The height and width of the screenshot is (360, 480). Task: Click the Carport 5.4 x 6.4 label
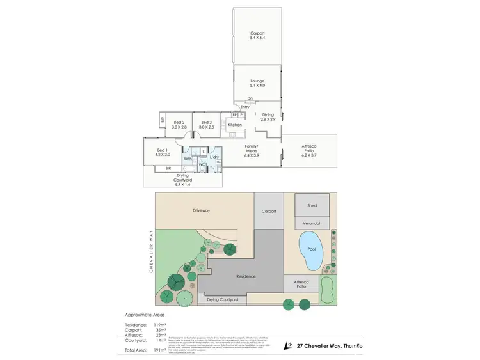(257, 35)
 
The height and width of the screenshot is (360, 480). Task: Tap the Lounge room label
(257, 83)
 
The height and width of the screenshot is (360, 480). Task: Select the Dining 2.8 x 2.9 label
(268, 116)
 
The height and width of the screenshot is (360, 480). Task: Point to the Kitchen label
(235, 125)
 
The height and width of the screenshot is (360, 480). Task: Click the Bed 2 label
(179, 125)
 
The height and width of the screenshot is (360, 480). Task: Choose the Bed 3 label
(206, 125)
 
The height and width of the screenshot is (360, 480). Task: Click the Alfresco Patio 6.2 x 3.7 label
(309, 150)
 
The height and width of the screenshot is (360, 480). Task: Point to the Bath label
(188, 159)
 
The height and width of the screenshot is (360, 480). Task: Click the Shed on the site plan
(312, 205)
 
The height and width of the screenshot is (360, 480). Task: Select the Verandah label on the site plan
(312, 223)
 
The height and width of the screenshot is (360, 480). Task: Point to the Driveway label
(202, 210)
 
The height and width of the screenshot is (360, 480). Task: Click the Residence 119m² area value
(159, 325)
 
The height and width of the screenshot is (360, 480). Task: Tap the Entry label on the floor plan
(245, 107)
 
